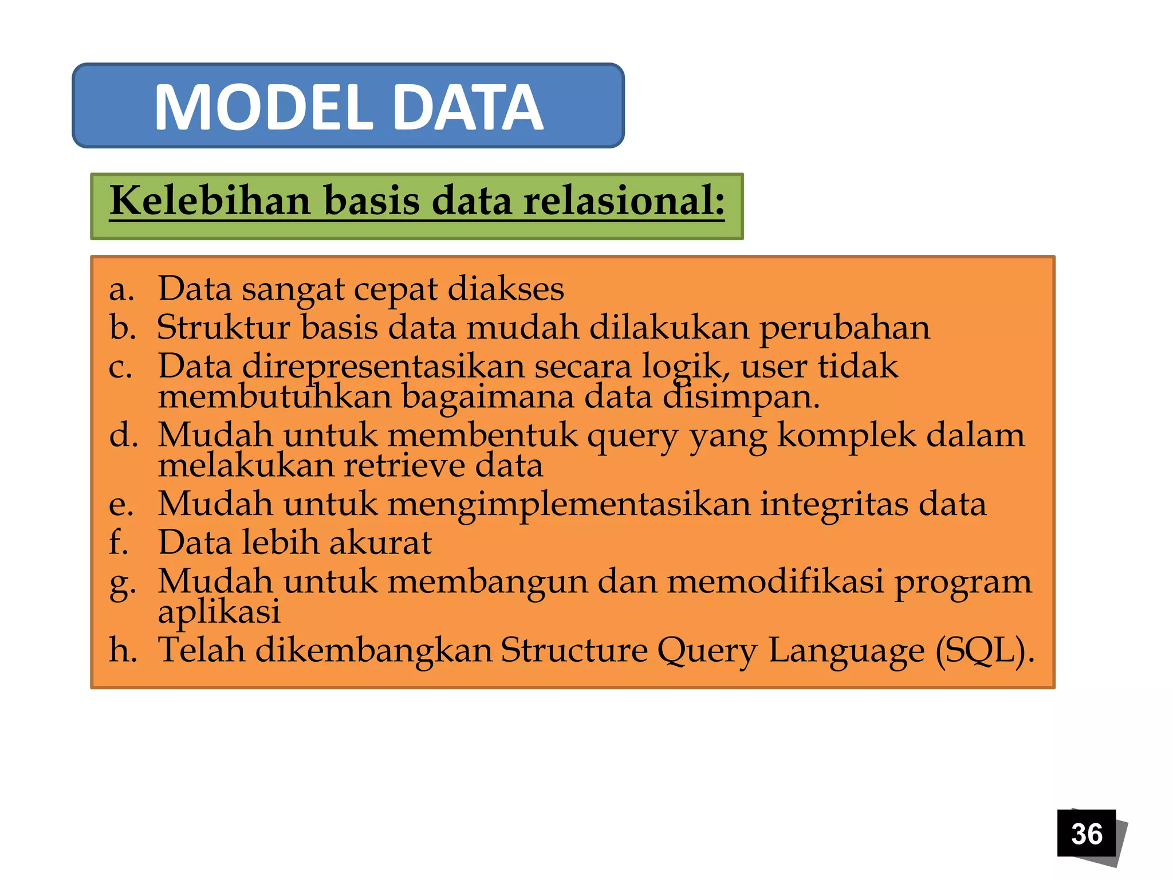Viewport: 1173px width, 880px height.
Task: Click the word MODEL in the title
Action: tap(264, 107)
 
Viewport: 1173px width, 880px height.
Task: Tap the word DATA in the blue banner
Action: tap(468, 107)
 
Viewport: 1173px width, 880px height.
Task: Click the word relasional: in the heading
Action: tap(624, 201)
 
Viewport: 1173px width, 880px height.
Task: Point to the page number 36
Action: tap(1087, 834)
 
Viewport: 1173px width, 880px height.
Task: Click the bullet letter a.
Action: tap(121, 289)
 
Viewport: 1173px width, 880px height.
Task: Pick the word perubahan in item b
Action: tap(845, 328)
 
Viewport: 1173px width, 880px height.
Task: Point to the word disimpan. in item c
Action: tap(741, 396)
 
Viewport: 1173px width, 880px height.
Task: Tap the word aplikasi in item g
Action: tap(219, 612)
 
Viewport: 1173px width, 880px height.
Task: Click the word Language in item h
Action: tap(846, 651)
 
